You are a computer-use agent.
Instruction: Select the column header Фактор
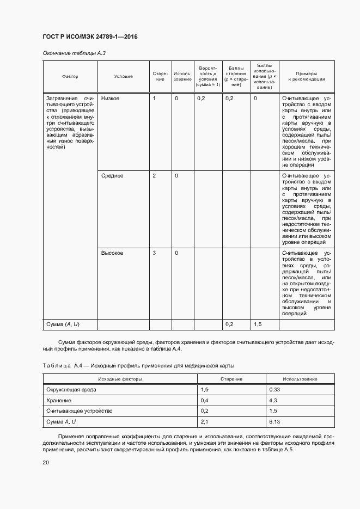tap(70, 77)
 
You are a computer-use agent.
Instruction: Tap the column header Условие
tap(123, 77)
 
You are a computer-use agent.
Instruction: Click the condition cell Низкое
tap(110, 99)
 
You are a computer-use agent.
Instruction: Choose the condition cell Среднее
tap(112, 176)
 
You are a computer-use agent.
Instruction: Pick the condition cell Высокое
tap(112, 253)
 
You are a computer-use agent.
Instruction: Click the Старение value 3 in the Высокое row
tap(154, 253)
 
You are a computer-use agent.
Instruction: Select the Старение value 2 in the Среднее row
tap(154, 176)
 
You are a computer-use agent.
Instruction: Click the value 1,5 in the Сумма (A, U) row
tap(258, 324)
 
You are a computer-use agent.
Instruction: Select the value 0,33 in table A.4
tap(274, 390)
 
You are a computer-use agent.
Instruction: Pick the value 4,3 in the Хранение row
tap(273, 400)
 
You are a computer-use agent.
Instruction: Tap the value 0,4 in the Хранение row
tap(205, 400)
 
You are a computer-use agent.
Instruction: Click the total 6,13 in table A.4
tap(274, 421)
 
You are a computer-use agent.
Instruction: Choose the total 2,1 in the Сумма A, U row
tap(205, 421)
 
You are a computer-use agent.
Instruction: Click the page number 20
tap(46, 463)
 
